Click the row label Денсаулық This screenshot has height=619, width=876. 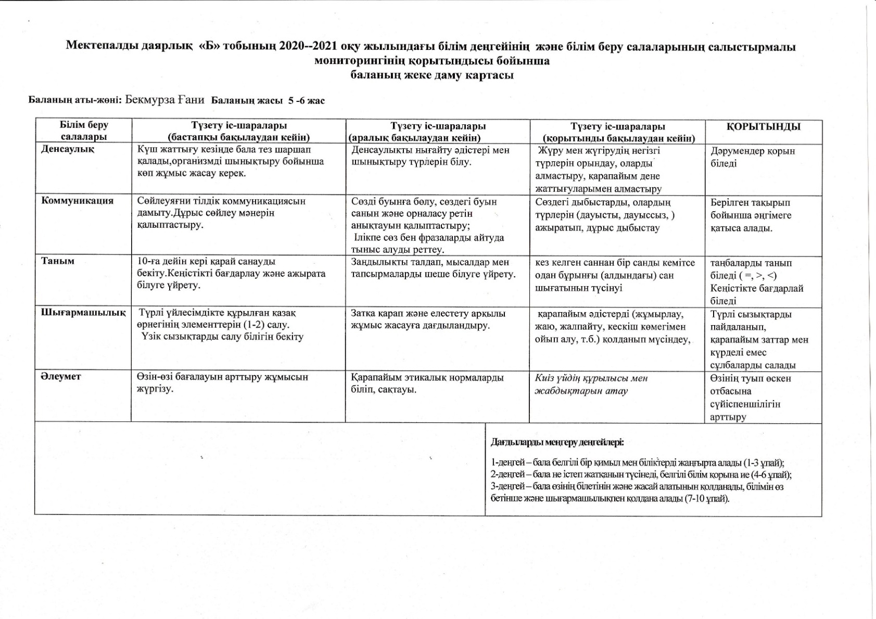click(x=68, y=149)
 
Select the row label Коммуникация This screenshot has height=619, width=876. click(x=77, y=201)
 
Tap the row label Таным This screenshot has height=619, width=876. click(x=58, y=261)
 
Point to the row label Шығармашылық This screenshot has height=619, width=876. click(x=83, y=313)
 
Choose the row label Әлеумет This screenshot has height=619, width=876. click(x=61, y=377)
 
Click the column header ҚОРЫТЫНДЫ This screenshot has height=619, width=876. click(x=764, y=126)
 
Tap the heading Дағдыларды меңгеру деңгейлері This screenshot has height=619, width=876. click(x=557, y=443)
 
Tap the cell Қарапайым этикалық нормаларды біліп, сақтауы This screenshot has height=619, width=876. click(x=427, y=383)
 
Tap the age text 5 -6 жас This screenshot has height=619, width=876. click(x=307, y=100)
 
